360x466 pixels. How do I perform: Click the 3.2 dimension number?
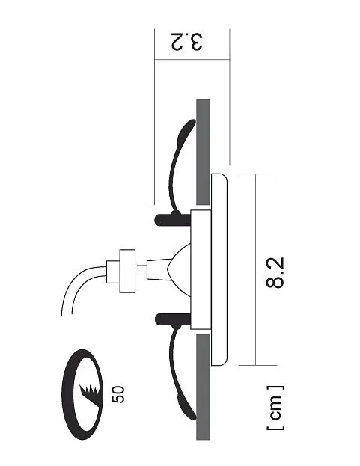coord(187,42)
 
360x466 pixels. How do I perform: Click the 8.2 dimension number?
coord(275,272)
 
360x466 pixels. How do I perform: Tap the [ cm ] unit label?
coord(275,408)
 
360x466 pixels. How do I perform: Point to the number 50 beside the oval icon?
coord(118,394)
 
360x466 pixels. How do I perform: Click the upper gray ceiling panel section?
coord(203,152)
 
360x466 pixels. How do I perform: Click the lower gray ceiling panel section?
coord(203,387)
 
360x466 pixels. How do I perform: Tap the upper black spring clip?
coord(174,166)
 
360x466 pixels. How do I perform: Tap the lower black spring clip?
coord(174,372)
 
